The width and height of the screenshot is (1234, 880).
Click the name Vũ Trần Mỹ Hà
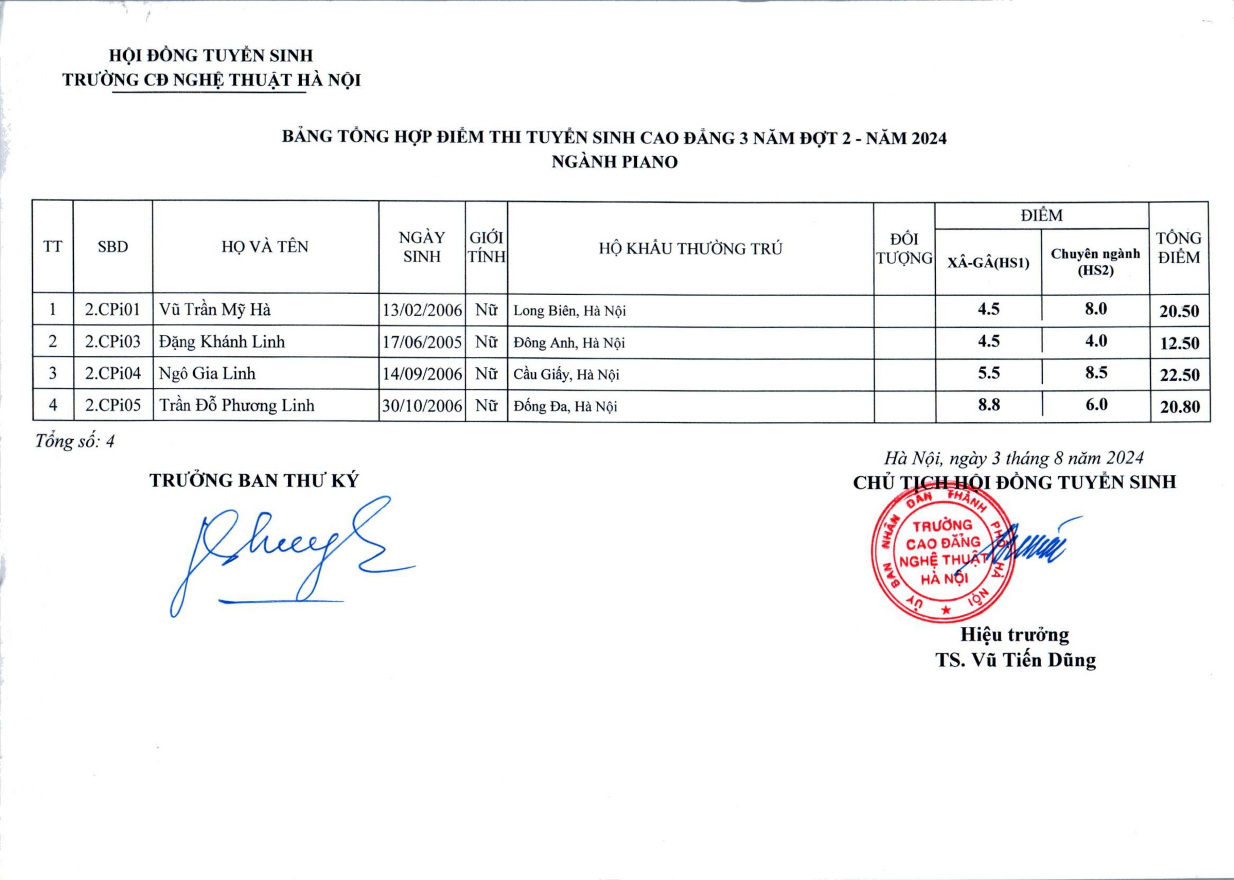point(215,310)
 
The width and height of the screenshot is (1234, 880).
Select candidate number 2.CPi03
point(113,341)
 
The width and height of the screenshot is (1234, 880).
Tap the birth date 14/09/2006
point(422,374)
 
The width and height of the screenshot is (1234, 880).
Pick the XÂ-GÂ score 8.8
point(989,405)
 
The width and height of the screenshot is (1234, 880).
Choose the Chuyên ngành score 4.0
point(1096,341)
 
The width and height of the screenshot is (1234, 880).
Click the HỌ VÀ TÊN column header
point(265,247)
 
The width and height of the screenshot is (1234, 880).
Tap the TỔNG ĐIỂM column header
point(1179,248)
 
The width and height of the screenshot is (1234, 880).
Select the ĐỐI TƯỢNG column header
point(904,249)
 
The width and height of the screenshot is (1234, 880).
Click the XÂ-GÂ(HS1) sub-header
point(989,263)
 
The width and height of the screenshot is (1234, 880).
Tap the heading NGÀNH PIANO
point(614,162)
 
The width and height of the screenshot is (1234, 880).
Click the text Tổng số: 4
point(75,442)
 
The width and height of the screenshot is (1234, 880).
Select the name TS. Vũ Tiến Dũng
point(1016,660)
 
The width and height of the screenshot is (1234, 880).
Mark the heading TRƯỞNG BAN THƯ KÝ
point(254,481)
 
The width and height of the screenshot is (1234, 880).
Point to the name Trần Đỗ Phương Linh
point(237,406)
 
